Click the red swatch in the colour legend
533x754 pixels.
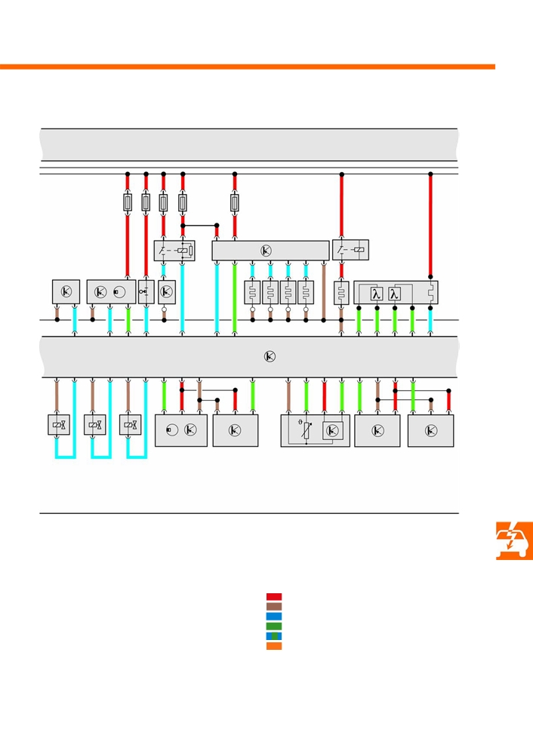(x=274, y=597)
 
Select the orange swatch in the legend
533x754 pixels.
(x=274, y=646)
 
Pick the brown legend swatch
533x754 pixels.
(x=274, y=607)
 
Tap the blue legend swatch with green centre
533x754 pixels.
(x=274, y=636)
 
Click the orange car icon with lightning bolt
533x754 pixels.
(x=514, y=540)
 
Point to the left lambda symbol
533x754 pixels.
(x=377, y=294)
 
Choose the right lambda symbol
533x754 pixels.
(x=394, y=294)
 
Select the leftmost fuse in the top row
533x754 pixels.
(x=128, y=202)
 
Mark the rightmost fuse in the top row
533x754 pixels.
(x=234, y=202)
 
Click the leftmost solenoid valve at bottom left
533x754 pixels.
(x=59, y=425)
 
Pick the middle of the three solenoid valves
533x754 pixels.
(x=95, y=425)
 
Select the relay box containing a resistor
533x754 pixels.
(x=174, y=251)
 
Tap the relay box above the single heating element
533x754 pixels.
(x=351, y=250)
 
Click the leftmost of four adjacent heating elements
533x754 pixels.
(x=253, y=292)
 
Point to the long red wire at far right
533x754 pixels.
(x=430, y=226)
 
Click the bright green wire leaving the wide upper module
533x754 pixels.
(x=234, y=298)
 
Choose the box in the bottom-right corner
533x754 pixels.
(x=430, y=431)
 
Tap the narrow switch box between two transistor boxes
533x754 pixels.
(x=146, y=292)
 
